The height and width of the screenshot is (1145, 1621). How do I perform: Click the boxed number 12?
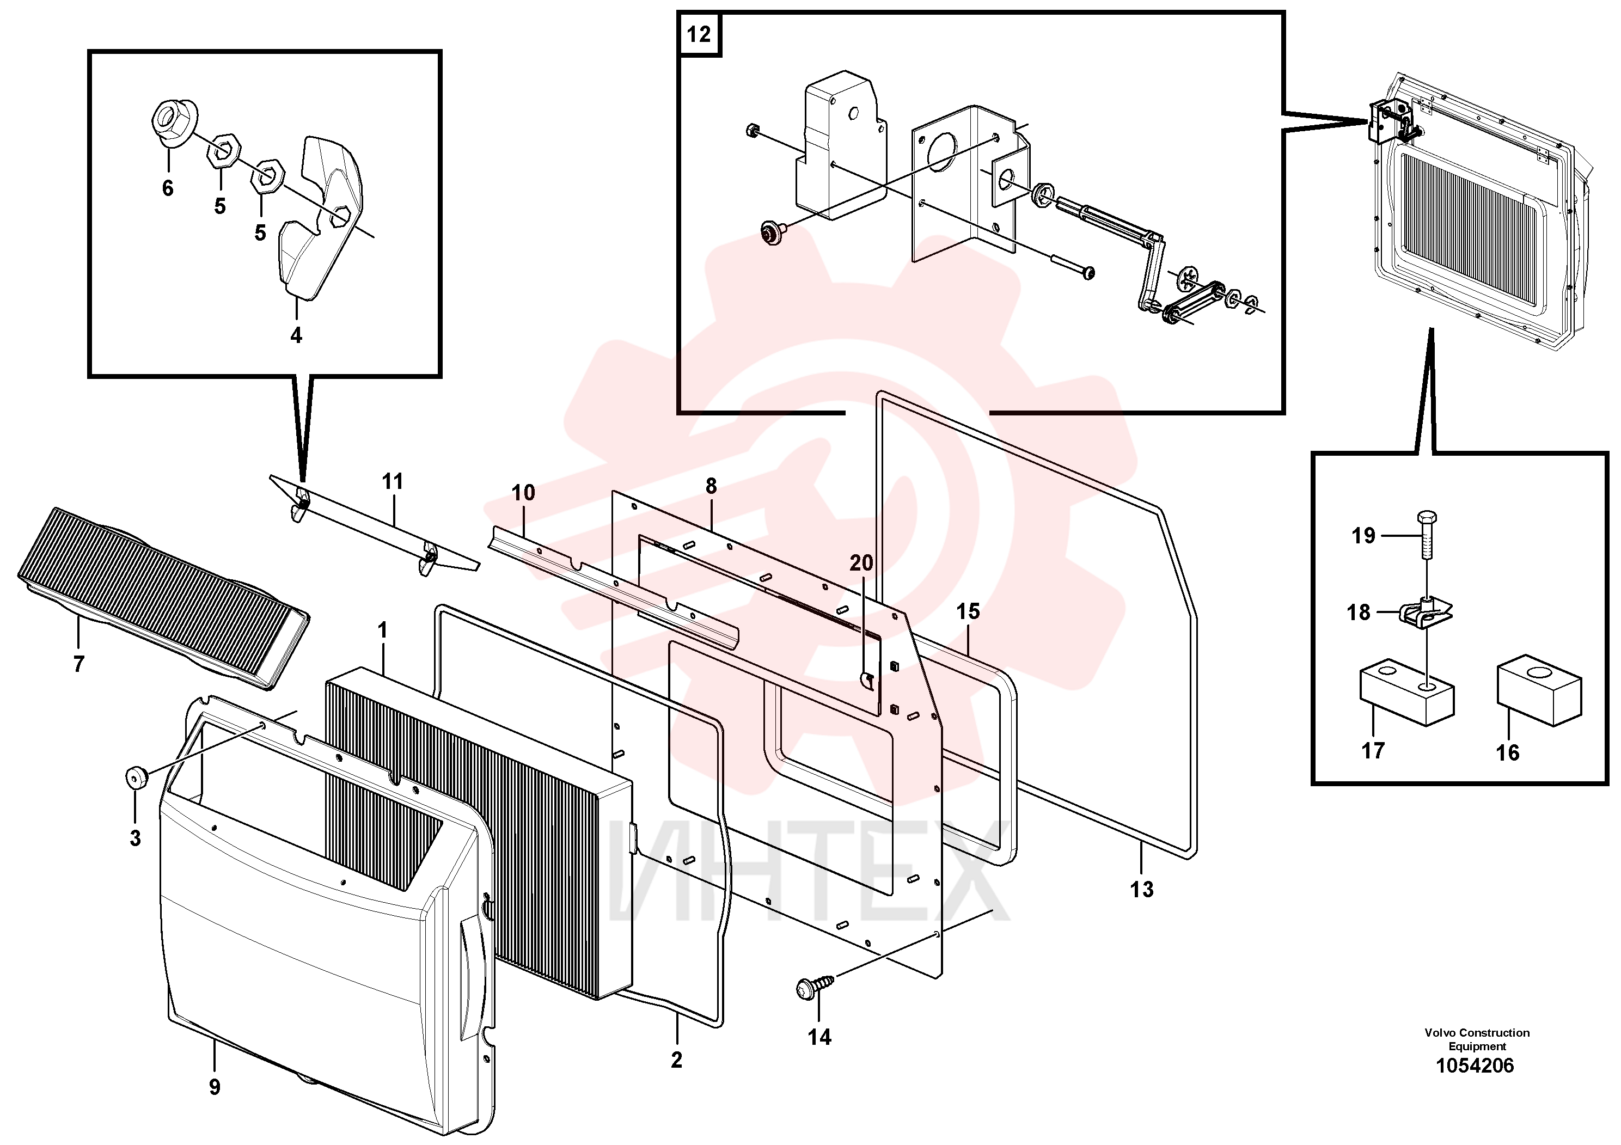pos(699,34)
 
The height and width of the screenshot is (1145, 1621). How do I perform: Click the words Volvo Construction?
pos(1477,1033)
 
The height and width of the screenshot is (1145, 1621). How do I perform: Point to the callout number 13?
pos(1142,890)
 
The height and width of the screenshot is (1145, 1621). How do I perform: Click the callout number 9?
pos(215,1087)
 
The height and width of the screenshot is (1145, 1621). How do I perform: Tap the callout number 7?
pos(78,664)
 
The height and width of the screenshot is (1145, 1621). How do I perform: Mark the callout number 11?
pos(392,481)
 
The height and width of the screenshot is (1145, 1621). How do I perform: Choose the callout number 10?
pos(523,493)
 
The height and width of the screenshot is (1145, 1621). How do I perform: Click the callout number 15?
pos(968,611)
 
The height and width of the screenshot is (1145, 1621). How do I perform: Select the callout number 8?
pos(711,486)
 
